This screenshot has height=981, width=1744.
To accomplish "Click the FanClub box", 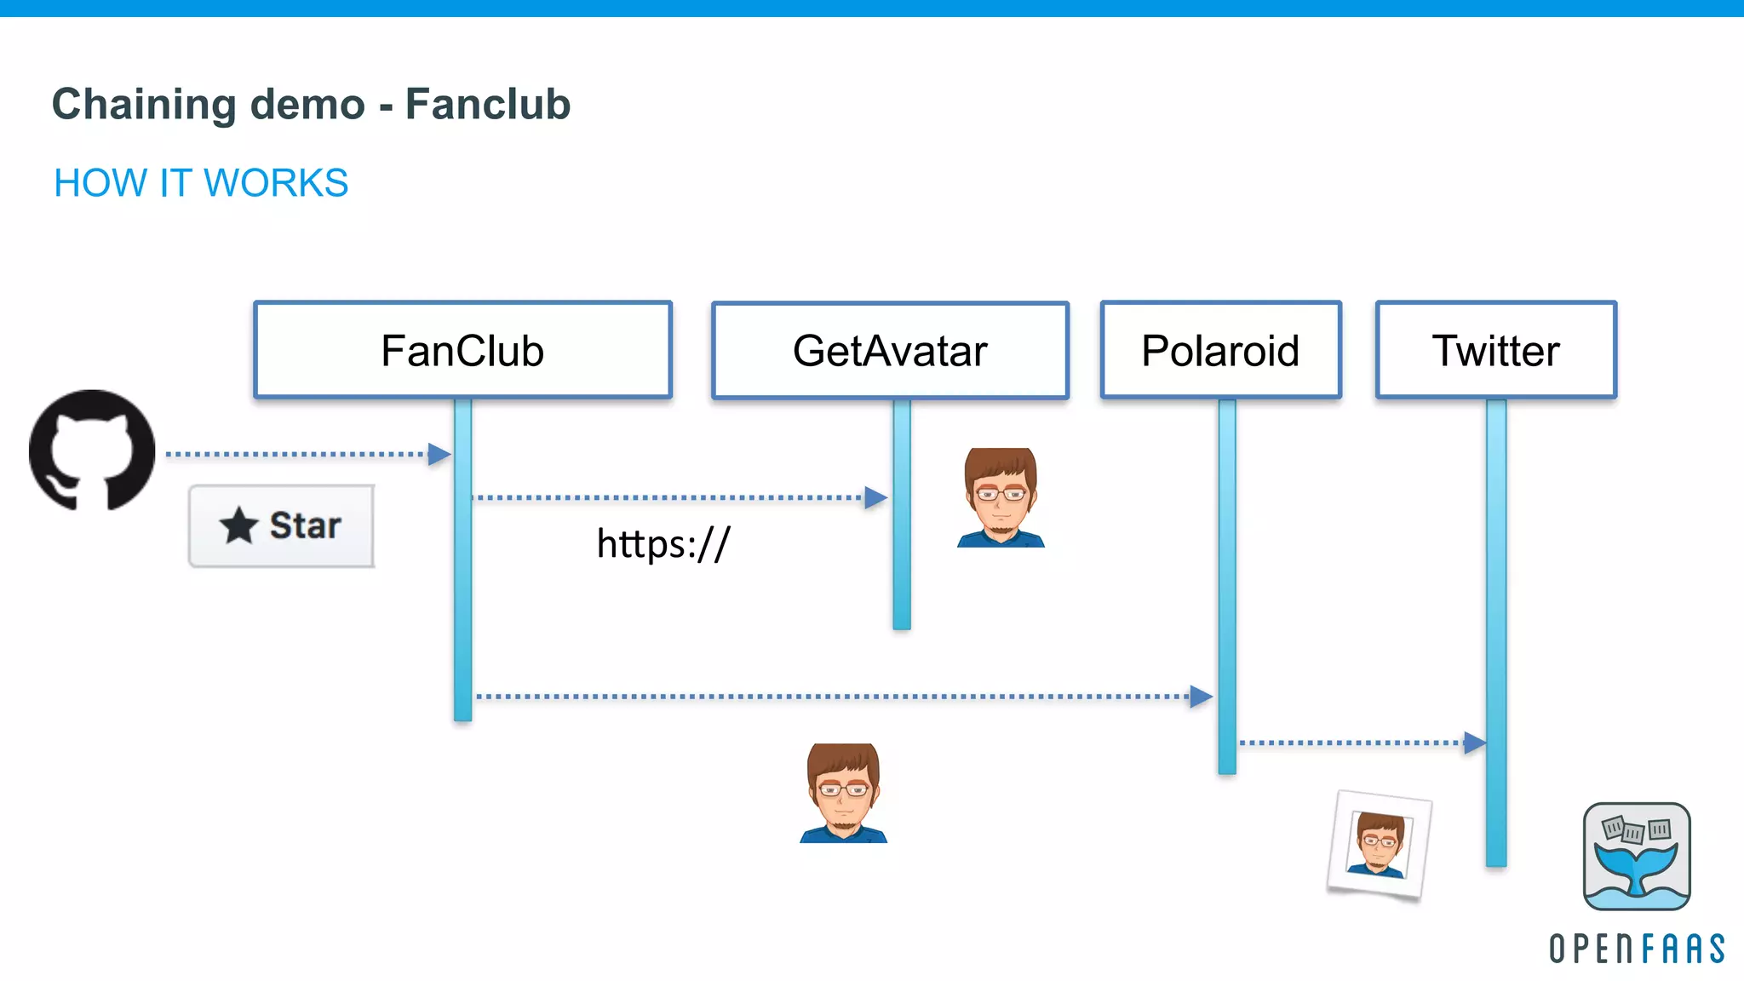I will pyautogui.click(x=462, y=350).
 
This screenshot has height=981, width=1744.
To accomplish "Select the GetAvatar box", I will pyautogui.click(x=890, y=350).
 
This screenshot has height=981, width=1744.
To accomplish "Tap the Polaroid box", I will pyautogui.click(x=1220, y=350).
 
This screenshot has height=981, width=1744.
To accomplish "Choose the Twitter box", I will pyautogui.click(x=1495, y=350).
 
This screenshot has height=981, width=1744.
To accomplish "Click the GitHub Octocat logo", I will pyautogui.click(x=92, y=450).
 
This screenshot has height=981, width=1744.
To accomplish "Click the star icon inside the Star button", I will pyautogui.click(x=238, y=525).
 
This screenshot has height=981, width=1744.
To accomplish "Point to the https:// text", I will pyautogui.click(x=663, y=543).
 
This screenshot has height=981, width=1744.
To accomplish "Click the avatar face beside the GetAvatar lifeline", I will pyautogui.click(x=1001, y=497).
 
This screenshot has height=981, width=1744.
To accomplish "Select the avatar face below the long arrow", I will pyautogui.click(x=843, y=793).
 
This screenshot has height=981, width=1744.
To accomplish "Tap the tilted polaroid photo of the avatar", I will pyautogui.click(x=1379, y=844).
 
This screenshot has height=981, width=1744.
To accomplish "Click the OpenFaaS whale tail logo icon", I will pyautogui.click(x=1636, y=856).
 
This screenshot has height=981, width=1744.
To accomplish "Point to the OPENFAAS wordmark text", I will pyautogui.click(x=1636, y=948).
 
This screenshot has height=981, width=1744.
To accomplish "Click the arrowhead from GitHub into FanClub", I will pyautogui.click(x=439, y=454).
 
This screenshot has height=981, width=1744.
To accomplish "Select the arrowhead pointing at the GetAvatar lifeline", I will pyautogui.click(x=875, y=497).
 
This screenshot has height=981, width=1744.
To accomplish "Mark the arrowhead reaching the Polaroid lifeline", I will pyautogui.click(x=1201, y=697).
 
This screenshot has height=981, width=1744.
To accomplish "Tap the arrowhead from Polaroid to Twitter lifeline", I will pyautogui.click(x=1475, y=743).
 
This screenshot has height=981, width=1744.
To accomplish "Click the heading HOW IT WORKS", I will pyautogui.click(x=201, y=183).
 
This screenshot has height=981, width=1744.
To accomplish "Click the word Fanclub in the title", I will pyautogui.click(x=487, y=105).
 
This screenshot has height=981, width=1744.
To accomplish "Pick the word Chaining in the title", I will pyautogui.click(x=144, y=105).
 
